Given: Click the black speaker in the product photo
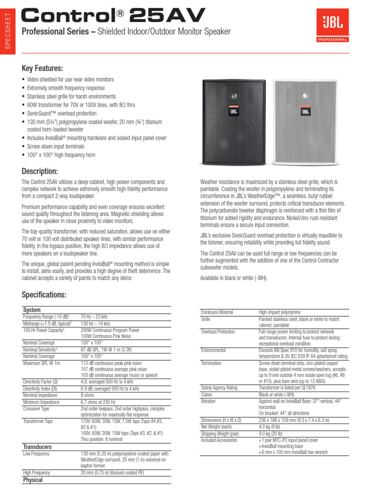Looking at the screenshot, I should [x=234, y=121].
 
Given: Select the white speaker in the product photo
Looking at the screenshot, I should [x=305, y=121].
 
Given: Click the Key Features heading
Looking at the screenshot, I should [x=43, y=68].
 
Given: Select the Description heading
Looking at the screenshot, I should [x=40, y=171].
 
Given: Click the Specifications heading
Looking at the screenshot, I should [x=44, y=295].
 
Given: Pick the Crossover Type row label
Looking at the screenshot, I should [x=36, y=408].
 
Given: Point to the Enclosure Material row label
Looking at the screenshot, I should [x=217, y=312].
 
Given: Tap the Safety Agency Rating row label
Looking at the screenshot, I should [x=219, y=388].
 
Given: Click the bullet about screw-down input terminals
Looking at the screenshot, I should [x=56, y=146].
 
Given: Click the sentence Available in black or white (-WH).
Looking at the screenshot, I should [x=234, y=277].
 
